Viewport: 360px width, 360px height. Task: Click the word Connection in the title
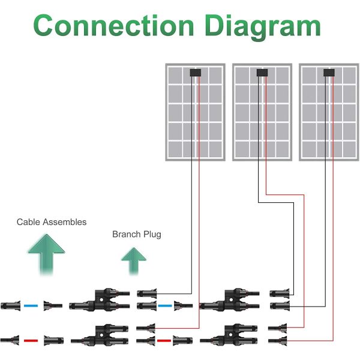[114, 27]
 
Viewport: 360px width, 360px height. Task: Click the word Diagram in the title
[262, 27]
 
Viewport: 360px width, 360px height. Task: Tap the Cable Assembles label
[52, 222]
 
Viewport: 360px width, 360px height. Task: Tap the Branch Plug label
[137, 234]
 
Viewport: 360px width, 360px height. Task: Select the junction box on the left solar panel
[195, 73]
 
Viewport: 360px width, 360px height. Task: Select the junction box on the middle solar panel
[262, 73]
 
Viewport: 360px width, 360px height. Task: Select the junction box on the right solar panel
[329, 73]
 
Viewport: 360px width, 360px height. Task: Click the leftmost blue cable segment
[30, 305]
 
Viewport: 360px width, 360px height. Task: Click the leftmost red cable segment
[30, 340]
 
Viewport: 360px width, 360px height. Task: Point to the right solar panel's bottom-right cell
[348, 148]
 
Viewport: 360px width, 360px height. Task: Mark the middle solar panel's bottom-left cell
[242, 148]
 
